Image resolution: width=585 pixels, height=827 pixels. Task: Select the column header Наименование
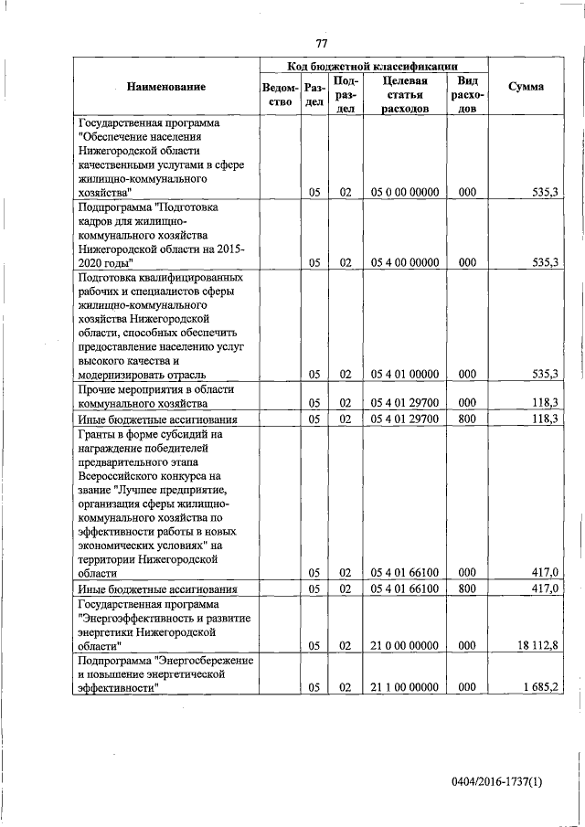[x=166, y=87]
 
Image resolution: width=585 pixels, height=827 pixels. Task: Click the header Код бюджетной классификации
[x=373, y=66]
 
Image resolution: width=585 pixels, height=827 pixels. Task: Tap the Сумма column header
[x=525, y=87]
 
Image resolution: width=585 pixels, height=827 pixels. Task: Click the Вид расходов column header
[x=467, y=94]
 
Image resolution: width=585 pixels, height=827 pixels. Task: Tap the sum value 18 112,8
[x=537, y=644]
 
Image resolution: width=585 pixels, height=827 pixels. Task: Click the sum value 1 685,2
[x=539, y=686]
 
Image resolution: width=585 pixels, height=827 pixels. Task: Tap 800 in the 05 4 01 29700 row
[x=467, y=419]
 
